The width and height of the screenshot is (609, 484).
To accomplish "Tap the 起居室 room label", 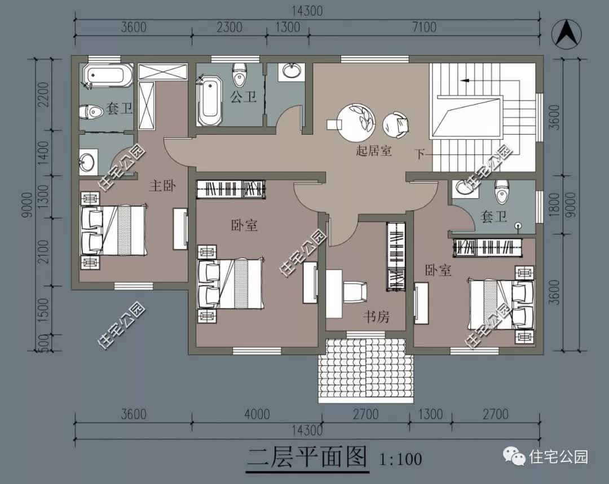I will [x=374, y=151].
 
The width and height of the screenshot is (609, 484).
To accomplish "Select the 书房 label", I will [x=376, y=317].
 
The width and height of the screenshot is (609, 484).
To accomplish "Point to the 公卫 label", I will [x=243, y=97].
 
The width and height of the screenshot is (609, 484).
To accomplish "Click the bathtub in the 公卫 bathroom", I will [x=210, y=101].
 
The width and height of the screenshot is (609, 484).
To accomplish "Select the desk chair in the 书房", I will [x=356, y=292].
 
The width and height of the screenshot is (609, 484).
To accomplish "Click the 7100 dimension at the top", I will [x=424, y=27].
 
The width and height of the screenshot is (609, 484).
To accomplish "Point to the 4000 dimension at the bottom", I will [x=257, y=415].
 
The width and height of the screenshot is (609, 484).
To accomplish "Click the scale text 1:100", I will [x=400, y=459].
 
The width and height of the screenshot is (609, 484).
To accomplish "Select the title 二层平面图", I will [x=307, y=457].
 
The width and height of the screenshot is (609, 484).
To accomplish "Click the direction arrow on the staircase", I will [x=465, y=81].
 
